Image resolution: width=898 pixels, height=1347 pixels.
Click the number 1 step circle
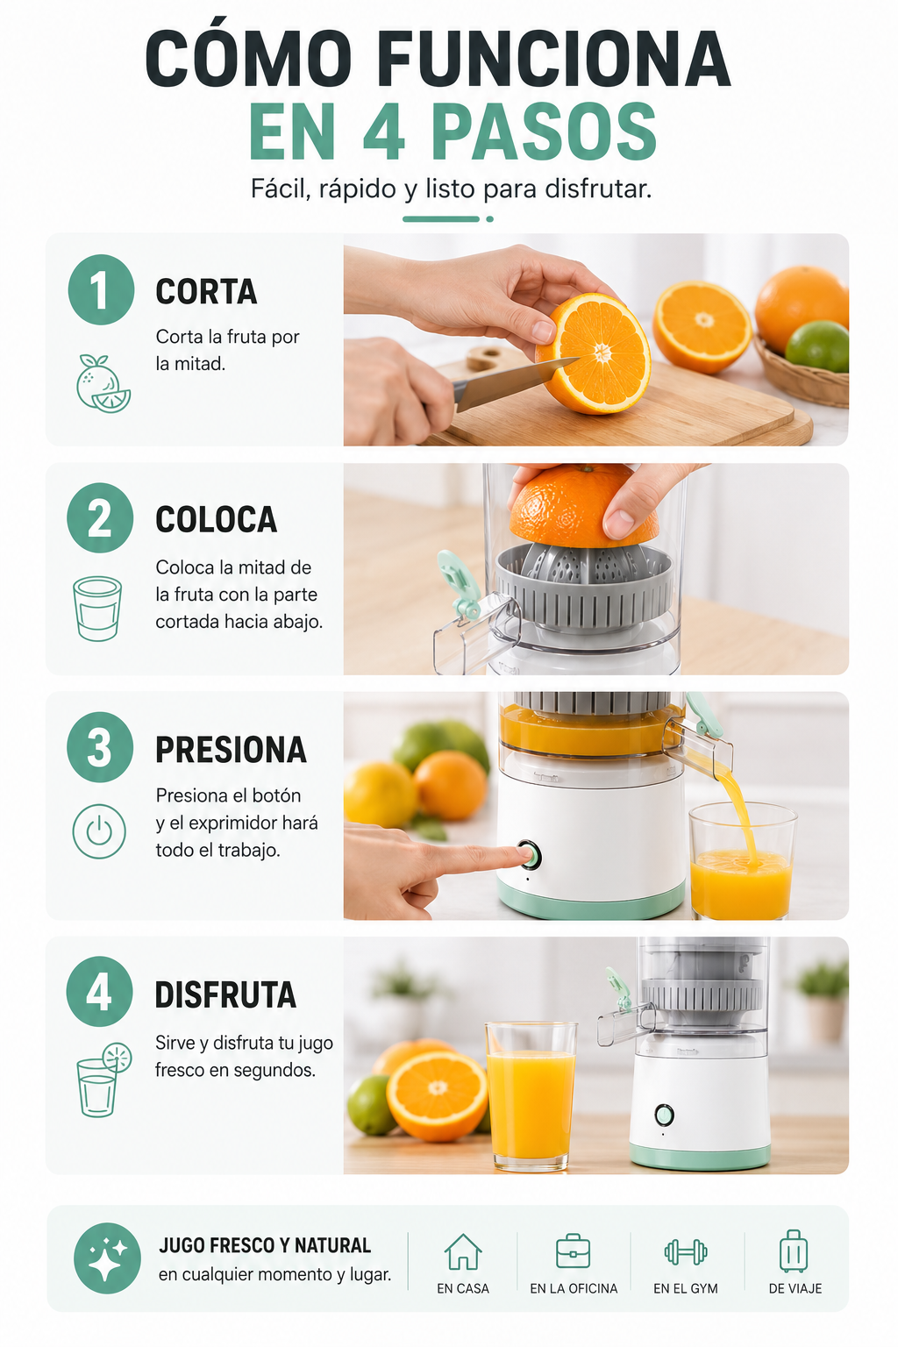pos(101,290)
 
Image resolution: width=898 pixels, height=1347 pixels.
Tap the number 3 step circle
pos(100,747)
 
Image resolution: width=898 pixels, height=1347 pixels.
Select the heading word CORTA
pos(206,292)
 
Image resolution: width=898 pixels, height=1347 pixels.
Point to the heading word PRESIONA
pos(231,750)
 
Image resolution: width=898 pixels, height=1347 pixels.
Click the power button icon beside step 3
pos(99,831)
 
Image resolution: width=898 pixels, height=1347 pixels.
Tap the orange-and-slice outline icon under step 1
pos(103,383)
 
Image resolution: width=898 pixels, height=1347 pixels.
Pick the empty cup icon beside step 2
pos(97,609)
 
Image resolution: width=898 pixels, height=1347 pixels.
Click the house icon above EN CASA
pos(463,1252)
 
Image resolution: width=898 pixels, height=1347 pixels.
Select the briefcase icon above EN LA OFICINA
pos(574,1251)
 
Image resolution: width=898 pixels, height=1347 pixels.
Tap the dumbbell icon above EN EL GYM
pos(686,1252)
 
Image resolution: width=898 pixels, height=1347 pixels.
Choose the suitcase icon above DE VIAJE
pos(794,1251)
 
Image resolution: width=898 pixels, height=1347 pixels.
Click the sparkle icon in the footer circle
pos(107,1258)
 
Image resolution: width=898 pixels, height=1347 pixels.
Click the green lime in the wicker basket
pos(816,346)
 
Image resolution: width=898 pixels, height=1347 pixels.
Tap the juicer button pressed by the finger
pos(530,855)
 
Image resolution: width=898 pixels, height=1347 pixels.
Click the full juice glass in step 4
pos(531,1095)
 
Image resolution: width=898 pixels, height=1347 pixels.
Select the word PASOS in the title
pos(544,132)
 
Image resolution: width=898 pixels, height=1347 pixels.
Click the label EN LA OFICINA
pos(574,1288)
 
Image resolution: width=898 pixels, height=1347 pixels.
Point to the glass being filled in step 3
pos(742,861)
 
